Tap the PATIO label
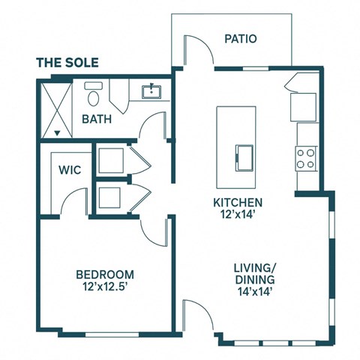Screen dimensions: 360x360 (x=241, y=37)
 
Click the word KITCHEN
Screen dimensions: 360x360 (x=238, y=202)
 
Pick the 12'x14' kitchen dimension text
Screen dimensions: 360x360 (x=238, y=215)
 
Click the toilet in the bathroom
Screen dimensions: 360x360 (x=93, y=95)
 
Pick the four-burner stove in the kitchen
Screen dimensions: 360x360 (x=305, y=158)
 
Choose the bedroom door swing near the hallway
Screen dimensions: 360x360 (x=159, y=232)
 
